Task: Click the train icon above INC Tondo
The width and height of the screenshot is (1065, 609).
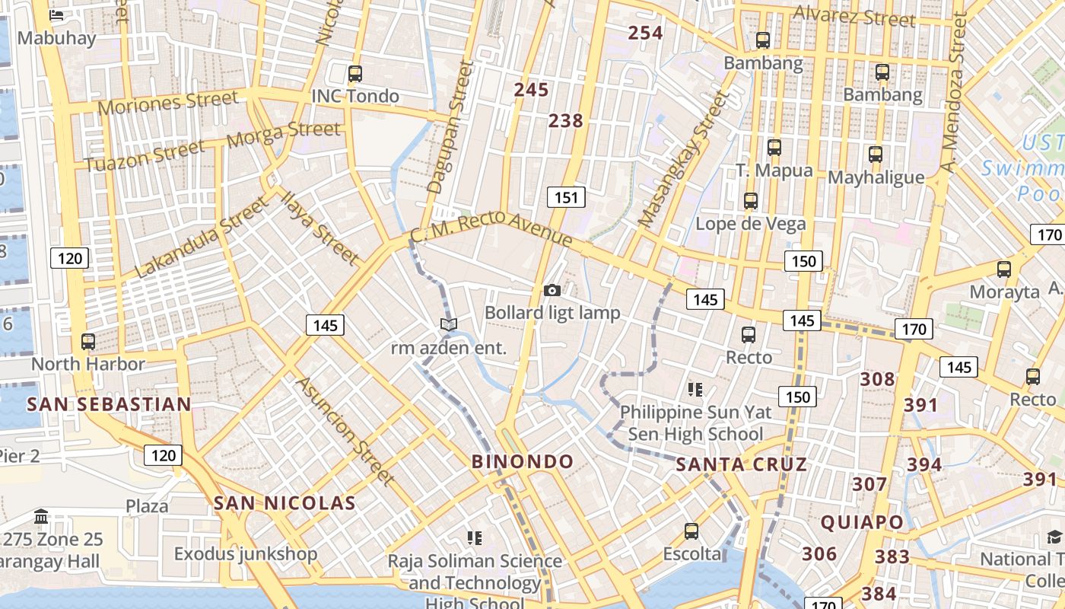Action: (x=354, y=74)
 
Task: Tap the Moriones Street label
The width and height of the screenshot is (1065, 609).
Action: (x=167, y=102)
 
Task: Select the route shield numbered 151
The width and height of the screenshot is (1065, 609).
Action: (x=566, y=198)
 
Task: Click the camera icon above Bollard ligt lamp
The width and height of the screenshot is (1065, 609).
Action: (x=552, y=290)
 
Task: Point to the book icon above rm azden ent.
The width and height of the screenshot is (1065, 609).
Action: (x=449, y=325)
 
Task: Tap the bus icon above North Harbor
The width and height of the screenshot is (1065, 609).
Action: (x=88, y=341)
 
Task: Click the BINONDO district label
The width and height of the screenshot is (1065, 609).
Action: (x=523, y=461)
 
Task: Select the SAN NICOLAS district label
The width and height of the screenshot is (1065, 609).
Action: (x=285, y=502)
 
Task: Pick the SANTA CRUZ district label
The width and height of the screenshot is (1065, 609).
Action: (x=741, y=464)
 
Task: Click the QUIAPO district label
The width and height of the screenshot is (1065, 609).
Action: (x=862, y=522)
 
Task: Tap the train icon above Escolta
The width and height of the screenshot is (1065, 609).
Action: (x=691, y=531)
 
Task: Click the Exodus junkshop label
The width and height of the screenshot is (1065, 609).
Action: (x=245, y=553)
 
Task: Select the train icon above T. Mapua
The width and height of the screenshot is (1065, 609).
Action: (x=774, y=147)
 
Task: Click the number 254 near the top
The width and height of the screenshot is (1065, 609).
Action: (x=645, y=33)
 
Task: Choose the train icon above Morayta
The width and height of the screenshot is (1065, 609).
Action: (x=1003, y=269)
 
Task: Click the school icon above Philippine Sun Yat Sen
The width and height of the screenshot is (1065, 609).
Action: (x=695, y=390)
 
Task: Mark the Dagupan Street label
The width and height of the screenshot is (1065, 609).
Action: (x=450, y=128)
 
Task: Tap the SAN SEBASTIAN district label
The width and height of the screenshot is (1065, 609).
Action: (x=109, y=404)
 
